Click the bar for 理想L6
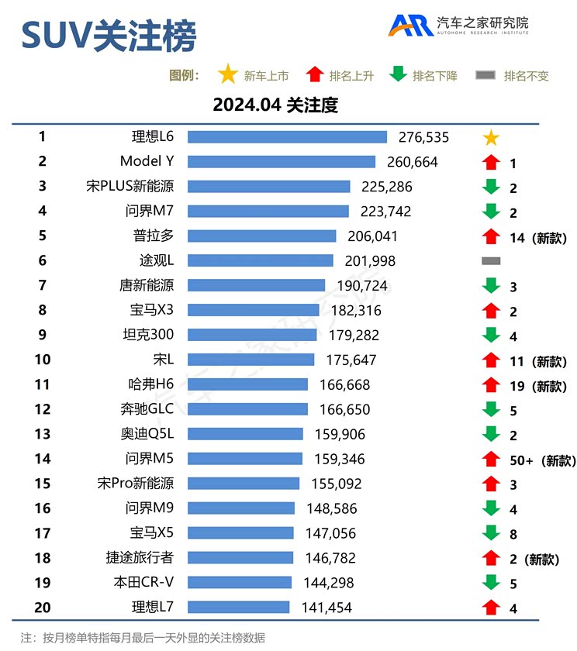[x=287, y=137]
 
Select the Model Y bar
[x=282, y=162]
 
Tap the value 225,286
[x=386, y=187]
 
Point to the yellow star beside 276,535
[x=490, y=139]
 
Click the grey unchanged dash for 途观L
[x=490, y=261]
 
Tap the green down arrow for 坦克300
[x=490, y=336]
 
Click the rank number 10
[x=43, y=360]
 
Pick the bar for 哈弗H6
[x=247, y=384]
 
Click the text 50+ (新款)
[x=541, y=460]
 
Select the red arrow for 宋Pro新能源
[x=490, y=484]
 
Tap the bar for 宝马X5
[x=240, y=533]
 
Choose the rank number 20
[x=43, y=608]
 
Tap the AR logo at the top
[x=411, y=26]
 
